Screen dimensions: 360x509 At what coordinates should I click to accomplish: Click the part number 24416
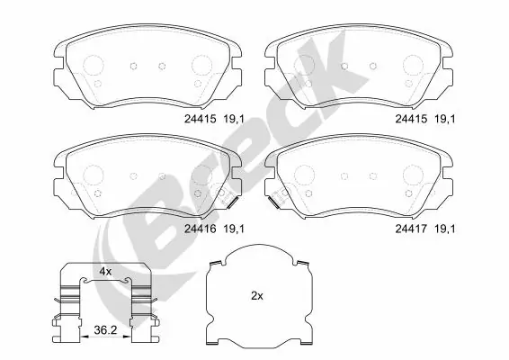coord(200,229)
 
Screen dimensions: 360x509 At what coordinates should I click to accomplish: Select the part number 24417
coord(412,229)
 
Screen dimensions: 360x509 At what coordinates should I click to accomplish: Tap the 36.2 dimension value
coord(106,330)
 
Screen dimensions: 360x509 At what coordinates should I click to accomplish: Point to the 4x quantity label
coord(105,271)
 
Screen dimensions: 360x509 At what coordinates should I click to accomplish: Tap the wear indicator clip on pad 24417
coord(273,200)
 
